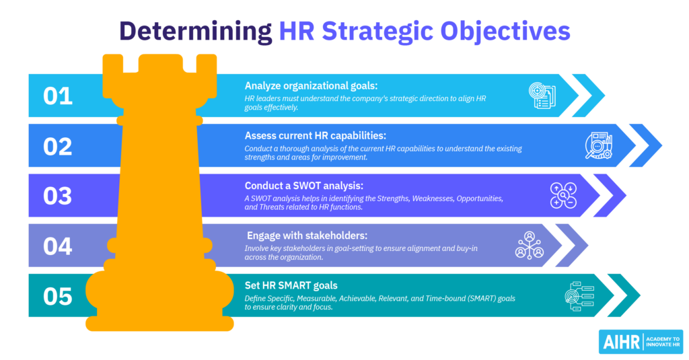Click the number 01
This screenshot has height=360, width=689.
click(x=57, y=96)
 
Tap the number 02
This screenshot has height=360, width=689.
click(x=58, y=146)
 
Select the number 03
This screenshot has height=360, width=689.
click(x=58, y=196)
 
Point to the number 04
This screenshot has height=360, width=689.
click(x=58, y=246)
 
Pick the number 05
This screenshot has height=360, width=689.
click(x=58, y=296)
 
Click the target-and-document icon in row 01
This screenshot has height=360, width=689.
click(x=540, y=96)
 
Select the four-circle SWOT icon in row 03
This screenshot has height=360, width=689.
click(x=562, y=196)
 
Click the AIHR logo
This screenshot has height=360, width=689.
click(x=640, y=341)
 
